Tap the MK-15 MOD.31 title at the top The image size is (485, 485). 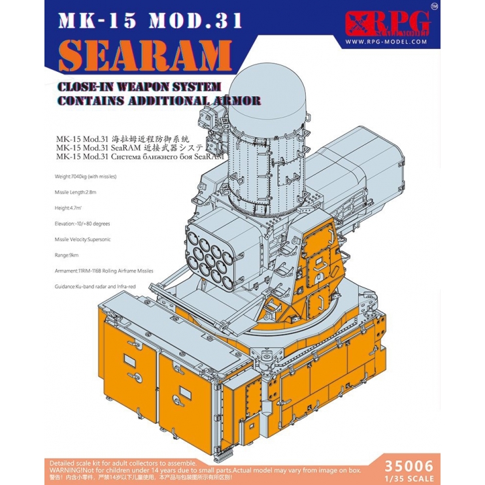(x=150, y=21)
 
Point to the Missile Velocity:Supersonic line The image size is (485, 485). (x=83, y=239)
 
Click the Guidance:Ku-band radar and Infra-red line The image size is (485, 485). (x=97, y=286)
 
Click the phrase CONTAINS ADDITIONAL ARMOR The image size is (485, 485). (x=159, y=101)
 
